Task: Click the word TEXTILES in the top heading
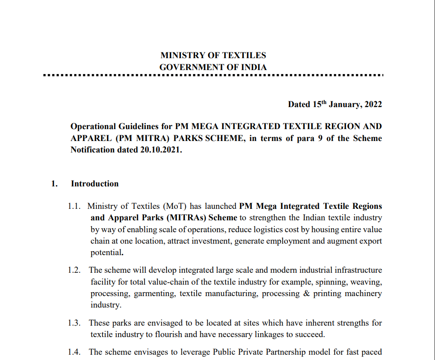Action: (244, 56)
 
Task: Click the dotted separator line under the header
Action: (214, 76)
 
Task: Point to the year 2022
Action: (372, 104)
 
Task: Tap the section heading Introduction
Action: (95, 184)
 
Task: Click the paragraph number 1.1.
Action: (75, 206)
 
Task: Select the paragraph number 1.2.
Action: (75, 270)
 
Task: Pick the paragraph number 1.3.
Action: (75, 323)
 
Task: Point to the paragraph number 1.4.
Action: (75, 352)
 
